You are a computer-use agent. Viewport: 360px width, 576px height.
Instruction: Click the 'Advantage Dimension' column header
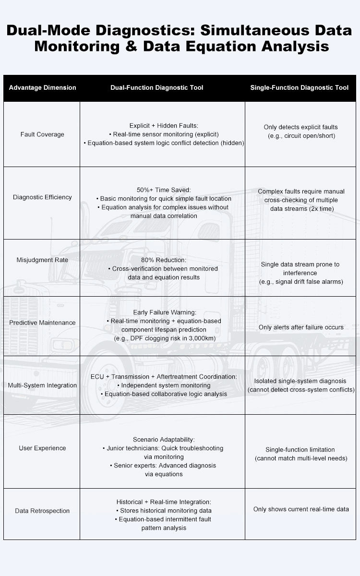42,88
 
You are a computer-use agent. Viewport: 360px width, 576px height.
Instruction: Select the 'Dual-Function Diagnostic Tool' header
156,88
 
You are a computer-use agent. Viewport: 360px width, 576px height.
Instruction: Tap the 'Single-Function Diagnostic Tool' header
300,88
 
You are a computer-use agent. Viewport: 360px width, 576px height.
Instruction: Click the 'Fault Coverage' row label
42,134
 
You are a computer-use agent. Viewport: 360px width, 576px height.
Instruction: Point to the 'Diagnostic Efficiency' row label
42,197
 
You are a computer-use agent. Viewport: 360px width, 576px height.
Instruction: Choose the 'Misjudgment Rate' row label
42,260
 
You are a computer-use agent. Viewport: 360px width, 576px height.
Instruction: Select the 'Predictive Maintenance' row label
42,323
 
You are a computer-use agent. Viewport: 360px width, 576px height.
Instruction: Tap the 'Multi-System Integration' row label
42,385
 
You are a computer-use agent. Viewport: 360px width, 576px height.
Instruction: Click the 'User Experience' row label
42,448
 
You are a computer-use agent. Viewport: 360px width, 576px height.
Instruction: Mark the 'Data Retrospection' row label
42,511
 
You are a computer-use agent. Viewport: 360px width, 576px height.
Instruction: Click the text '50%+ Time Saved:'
163,190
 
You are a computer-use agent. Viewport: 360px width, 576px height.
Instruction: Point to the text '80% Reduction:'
163,260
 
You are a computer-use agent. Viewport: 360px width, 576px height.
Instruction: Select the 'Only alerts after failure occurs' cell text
301,327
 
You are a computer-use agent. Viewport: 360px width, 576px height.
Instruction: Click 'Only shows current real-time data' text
301,509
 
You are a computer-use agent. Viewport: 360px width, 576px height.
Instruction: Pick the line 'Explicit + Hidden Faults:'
163,126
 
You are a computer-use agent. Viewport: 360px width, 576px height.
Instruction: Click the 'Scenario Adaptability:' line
163,439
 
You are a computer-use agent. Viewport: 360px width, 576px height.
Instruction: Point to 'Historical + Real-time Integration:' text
163,502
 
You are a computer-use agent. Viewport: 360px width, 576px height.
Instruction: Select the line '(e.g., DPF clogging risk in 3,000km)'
163,338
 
